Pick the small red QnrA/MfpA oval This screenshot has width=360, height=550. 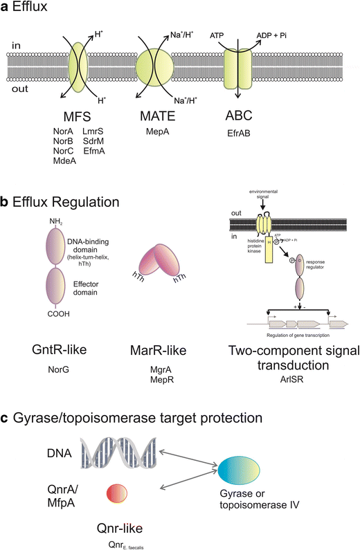116,493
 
